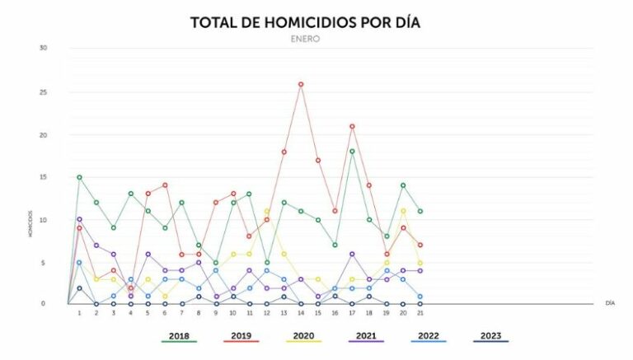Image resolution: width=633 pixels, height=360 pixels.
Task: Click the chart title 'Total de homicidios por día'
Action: coord(305,22)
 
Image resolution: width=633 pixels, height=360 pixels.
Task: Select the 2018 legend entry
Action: coord(178,336)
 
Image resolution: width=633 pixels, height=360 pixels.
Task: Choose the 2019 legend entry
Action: coord(241,336)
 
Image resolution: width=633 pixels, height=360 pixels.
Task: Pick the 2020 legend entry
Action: coord(304,336)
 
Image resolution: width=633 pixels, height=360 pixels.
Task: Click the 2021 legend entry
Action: coord(367,336)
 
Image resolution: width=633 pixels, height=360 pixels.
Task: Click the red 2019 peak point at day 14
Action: coord(301,84)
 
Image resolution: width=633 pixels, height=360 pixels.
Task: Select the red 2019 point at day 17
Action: coord(352,126)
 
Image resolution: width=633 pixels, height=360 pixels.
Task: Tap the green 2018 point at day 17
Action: coord(352,151)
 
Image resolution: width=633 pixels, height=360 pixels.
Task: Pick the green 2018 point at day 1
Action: coord(79,177)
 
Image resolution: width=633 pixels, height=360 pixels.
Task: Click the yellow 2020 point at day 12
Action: coord(266,211)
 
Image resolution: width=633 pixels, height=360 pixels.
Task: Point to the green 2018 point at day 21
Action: coord(420,211)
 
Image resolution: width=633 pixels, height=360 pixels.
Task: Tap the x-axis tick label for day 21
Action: coord(420,313)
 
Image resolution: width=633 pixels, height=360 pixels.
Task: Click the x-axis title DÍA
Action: coord(609,304)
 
